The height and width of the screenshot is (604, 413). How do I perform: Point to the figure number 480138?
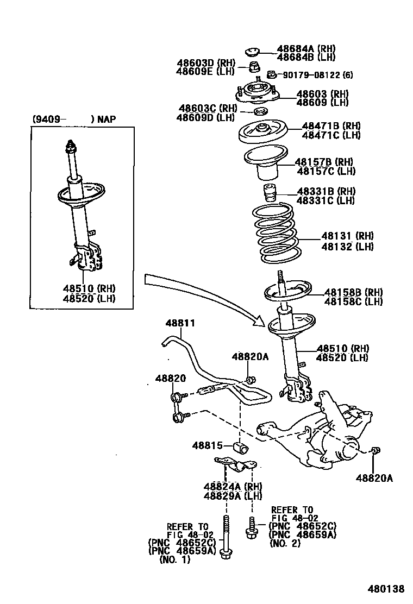387,589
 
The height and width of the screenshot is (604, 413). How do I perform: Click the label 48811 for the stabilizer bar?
180,323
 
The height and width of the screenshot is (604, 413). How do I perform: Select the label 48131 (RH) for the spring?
347,236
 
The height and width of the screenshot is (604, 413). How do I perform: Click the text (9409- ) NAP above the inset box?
73,119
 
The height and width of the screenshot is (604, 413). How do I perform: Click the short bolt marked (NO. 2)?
252,527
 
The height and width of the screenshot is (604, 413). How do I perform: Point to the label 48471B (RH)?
331,126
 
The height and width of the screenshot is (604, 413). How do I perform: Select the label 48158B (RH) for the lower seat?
353,292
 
